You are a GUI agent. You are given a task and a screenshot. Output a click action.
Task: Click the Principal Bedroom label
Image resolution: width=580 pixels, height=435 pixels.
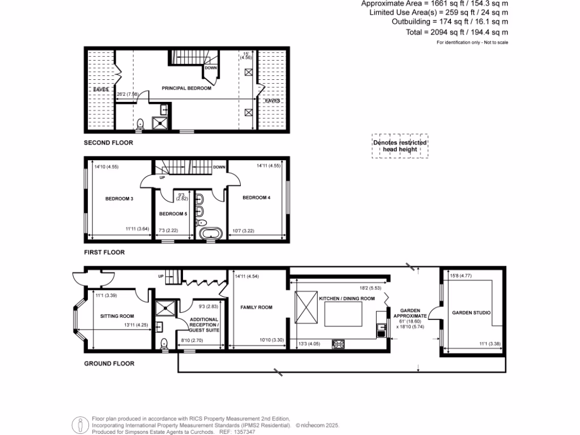(x=186, y=88)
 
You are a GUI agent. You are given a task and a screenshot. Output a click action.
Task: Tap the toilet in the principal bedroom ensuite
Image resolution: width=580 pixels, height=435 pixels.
(x=140, y=123)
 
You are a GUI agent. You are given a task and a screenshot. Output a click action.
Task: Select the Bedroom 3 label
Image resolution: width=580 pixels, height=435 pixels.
(x=119, y=199)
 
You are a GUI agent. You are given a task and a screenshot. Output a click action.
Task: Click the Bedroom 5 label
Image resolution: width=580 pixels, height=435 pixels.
(x=173, y=214)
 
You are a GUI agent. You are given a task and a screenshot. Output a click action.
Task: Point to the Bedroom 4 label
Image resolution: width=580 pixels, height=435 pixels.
(x=256, y=198)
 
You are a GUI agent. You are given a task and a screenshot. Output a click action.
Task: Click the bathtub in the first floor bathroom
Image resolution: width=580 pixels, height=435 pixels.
(x=210, y=233)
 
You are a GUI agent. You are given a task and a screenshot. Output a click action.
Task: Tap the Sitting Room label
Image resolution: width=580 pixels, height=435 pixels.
(x=117, y=316)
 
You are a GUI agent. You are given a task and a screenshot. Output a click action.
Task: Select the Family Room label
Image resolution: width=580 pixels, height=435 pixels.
(x=256, y=308)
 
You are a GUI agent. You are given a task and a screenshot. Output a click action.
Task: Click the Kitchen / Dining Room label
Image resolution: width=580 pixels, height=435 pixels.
(x=347, y=298)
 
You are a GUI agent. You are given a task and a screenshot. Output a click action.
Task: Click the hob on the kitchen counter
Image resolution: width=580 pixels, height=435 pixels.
(x=338, y=343)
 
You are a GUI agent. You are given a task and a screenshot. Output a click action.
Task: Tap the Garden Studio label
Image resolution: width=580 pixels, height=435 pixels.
(x=471, y=313)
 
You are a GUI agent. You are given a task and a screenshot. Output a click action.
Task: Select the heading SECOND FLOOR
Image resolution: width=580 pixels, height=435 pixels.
(x=108, y=143)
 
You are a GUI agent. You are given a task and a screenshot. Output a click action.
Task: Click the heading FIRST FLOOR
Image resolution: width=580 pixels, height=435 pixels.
(x=104, y=252)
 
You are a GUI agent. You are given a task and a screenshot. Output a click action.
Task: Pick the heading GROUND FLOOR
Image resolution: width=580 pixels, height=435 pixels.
(x=109, y=364)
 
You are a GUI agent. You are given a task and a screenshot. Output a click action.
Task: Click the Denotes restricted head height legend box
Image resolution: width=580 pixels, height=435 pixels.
(x=399, y=146)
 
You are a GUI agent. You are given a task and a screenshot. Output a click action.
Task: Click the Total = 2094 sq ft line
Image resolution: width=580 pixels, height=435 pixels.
(x=457, y=32)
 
